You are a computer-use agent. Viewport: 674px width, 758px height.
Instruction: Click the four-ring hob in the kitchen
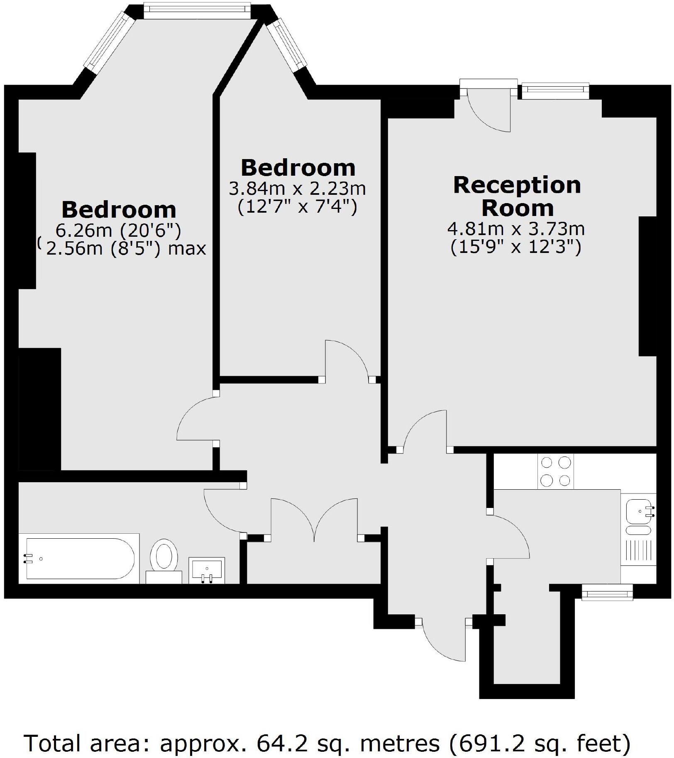(x=555, y=471)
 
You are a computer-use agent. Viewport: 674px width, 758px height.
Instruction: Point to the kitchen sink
(x=640, y=511)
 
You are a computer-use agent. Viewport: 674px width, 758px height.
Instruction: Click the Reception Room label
(x=517, y=196)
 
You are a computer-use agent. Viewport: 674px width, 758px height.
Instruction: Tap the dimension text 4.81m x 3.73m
(x=516, y=229)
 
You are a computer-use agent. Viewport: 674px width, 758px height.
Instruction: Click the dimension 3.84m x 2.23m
(x=297, y=189)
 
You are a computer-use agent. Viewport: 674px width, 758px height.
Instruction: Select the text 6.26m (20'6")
(x=118, y=230)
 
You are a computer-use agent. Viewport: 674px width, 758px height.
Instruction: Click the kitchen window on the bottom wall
(x=607, y=592)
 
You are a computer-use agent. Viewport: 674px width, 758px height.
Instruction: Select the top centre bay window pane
(x=197, y=10)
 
